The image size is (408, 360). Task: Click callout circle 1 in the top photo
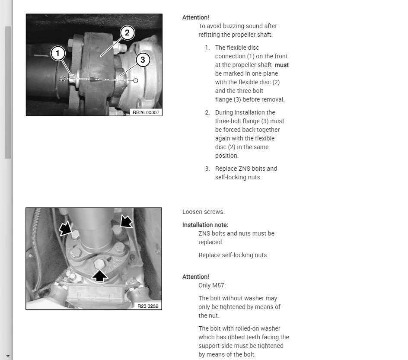tap(58, 54)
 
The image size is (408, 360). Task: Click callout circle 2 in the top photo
tap(127, 32)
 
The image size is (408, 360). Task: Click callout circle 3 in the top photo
tap(143, 60)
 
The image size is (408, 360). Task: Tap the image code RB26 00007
tap(146, 112)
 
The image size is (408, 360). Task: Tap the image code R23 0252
tap(148, 306)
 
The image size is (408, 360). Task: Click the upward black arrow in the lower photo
tap(100, 275)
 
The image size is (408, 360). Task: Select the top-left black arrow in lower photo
tap(65, 229)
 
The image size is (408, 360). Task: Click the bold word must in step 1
tap(282, 65)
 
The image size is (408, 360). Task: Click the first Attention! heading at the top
tap(196, 17)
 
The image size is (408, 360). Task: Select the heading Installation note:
tap(205, 225)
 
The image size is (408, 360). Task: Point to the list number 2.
tap(207, 112)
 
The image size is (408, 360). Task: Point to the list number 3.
tap(207, 169)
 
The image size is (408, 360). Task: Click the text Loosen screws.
tap(204, 212)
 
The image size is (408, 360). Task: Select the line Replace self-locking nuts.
tap(233, 255)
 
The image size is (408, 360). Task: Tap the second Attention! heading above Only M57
tap(196, 277)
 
